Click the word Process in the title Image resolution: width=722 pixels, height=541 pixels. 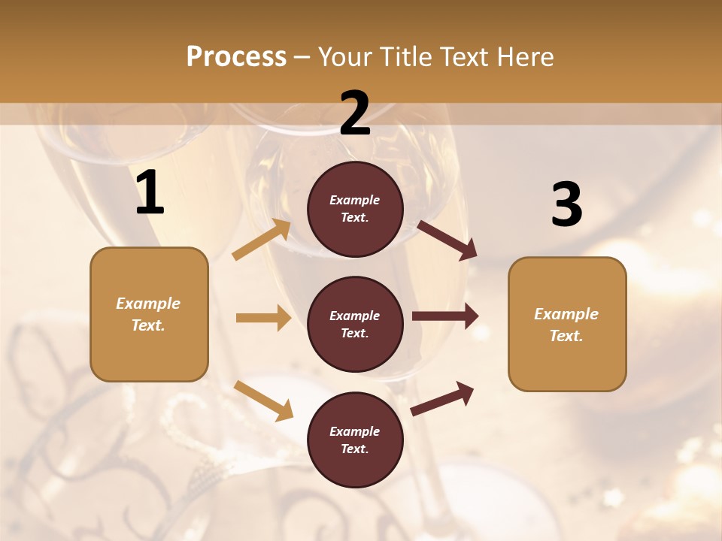pos(236,57)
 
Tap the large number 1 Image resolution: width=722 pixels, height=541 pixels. pos(150,193)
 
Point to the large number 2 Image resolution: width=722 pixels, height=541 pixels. pos(355,113)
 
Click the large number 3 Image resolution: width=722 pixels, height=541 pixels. pos(566,205)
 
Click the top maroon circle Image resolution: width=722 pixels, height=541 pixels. pos(355,209)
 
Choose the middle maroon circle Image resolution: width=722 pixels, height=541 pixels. pos(355,324)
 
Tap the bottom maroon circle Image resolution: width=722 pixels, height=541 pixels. pos(355,440)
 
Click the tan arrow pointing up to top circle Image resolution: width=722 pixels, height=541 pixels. pos(262,240)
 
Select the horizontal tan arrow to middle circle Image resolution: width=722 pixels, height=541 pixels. pos(263,318)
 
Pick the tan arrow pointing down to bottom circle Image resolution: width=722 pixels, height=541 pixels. pos(263,400)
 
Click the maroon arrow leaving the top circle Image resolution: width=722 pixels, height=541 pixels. pos(447,240)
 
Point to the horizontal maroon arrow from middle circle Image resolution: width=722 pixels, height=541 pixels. pos(445,316)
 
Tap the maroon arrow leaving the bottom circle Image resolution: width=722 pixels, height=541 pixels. pos(442,398)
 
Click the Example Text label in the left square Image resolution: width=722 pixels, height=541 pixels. pos(148,314)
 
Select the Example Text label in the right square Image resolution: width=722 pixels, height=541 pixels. pos(566,325)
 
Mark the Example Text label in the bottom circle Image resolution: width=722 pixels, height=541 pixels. pos(355,440)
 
